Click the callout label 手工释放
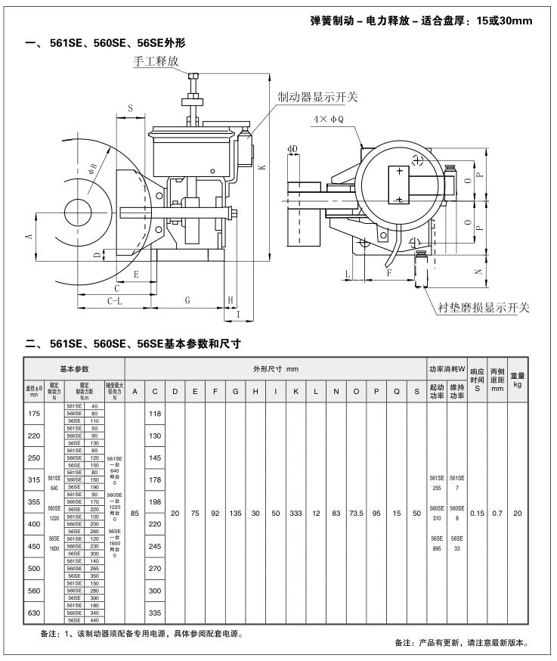coord(156,61)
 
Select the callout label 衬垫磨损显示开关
coord(484,307)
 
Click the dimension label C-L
coord(115,300)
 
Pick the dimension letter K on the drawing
coord(261,167)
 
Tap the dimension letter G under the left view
coord(187,300)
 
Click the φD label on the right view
coord(292,149)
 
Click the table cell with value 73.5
coord(355,513)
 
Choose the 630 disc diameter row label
coord(34,613)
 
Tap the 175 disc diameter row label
coord(34,414)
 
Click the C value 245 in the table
coord(154,546)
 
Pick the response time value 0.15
coord(477,513)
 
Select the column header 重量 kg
coord(517,379)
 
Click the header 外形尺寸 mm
coord(275,368)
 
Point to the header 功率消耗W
coord(447,368)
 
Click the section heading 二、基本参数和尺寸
coord(133,343)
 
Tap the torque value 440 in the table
coord(94,620)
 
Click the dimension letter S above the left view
coord(130,109)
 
